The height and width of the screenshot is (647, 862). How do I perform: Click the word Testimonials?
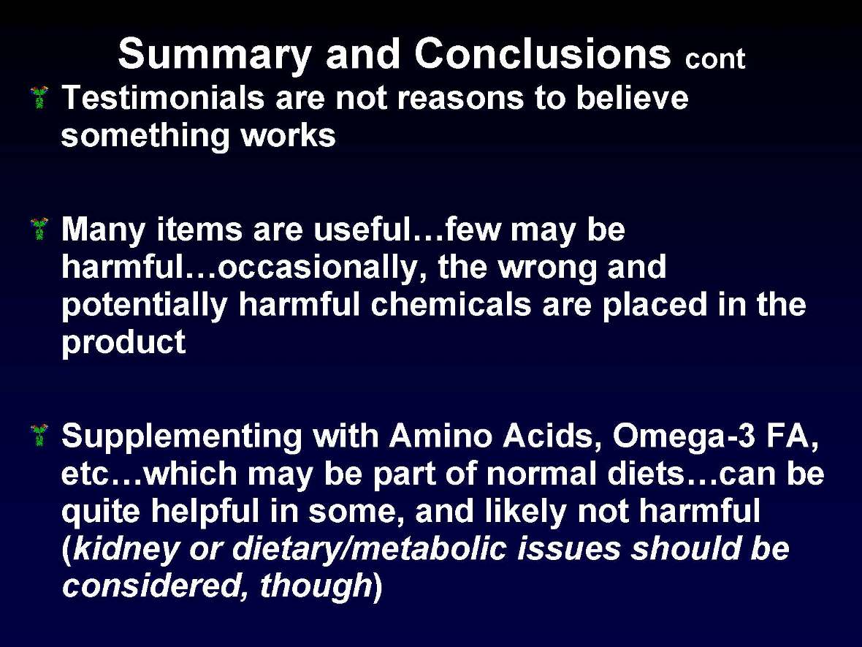[162, 98]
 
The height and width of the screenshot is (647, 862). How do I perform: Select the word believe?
[631, 98]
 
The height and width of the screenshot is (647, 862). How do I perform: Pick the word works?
[293, 136]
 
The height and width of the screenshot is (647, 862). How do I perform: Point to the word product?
[123, 344]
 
